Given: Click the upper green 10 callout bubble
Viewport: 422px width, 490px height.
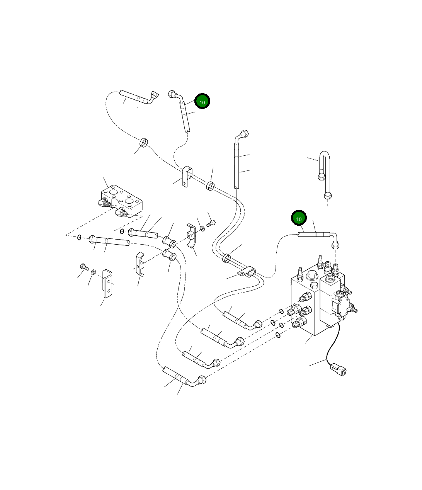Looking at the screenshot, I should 202,102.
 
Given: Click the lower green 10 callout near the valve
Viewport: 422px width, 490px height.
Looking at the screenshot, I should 298,219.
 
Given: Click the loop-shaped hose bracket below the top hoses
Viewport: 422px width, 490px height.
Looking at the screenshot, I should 187,176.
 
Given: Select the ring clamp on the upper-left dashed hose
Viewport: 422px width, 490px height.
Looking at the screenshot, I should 144,143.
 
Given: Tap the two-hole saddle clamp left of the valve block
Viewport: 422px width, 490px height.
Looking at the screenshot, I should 246,273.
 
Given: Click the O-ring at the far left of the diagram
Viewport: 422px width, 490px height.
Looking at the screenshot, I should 79,237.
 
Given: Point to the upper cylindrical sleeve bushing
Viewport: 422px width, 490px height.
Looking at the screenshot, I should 170,242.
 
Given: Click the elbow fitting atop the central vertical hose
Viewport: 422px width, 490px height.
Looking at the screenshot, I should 243,135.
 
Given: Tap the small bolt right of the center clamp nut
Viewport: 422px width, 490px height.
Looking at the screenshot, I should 211,223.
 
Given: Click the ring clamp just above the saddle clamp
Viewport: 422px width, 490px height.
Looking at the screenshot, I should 226,258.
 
